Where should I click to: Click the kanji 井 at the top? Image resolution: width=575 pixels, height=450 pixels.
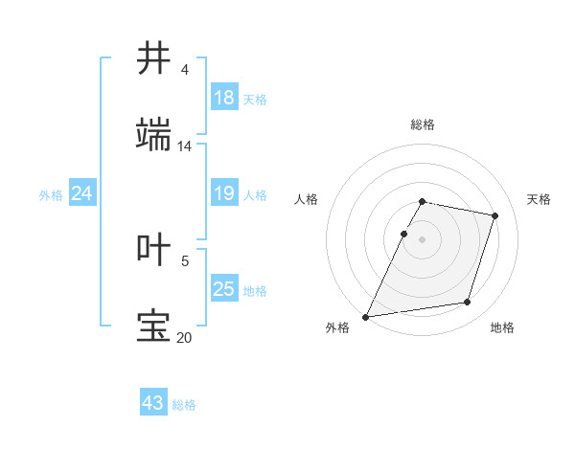pos(153,57)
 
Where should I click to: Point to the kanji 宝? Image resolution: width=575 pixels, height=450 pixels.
pos(153,326)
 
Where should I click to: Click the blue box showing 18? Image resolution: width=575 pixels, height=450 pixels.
pos(223,97)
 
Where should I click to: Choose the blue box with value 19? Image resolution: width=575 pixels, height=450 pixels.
pos(223,194)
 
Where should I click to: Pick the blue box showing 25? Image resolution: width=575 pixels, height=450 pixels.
pos(223,289)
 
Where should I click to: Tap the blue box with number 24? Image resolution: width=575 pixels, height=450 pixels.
pos(81,194)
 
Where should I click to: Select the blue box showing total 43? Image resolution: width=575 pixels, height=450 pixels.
pos(152,403)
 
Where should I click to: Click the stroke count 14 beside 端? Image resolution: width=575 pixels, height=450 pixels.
pos(185,146)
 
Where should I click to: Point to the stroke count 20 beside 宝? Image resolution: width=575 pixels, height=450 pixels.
pos(185,337)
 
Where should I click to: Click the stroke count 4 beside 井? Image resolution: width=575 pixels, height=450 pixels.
pos(185,70)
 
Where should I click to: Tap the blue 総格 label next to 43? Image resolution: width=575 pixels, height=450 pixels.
pos(184,405)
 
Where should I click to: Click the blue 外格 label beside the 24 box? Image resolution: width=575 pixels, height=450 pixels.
pos(51,195)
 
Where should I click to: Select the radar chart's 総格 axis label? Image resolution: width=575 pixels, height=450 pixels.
pos(423,124)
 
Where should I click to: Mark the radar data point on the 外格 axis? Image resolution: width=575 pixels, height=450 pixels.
pos(366,316)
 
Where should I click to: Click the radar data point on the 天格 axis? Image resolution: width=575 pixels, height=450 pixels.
pos(495,215)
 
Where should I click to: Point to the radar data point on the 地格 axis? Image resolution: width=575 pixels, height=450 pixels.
pos(468,303)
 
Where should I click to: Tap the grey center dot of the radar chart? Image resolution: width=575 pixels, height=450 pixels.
pos(423,238)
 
